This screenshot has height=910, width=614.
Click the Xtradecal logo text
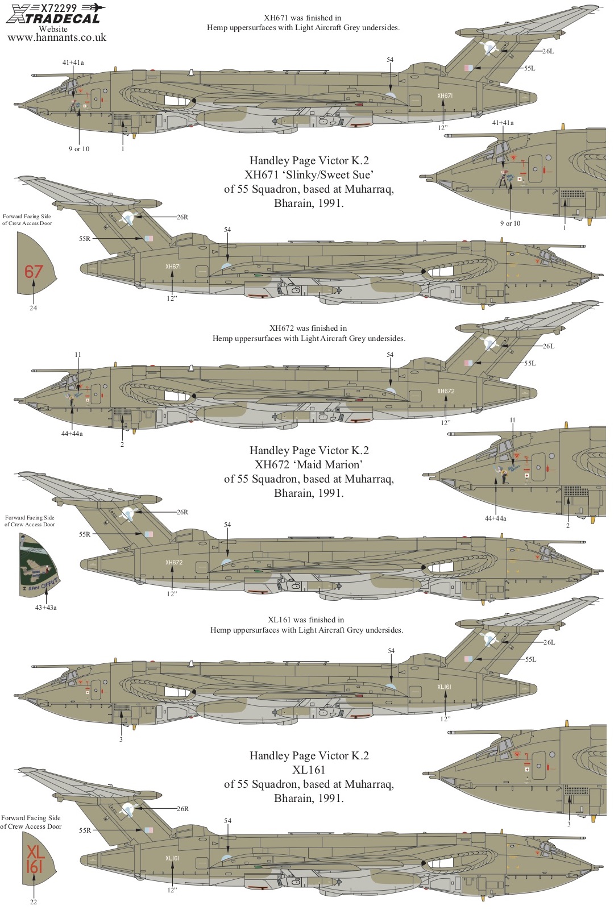click(53, 18)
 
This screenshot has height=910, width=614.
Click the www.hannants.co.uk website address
click(57, 38)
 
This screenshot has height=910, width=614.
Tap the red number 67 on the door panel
click(34, 272)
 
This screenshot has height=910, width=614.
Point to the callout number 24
click(33, 308)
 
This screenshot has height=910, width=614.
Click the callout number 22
click(34, 902)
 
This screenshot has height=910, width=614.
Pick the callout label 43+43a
click(46, 608)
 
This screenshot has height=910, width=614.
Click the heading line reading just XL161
click(309, 770)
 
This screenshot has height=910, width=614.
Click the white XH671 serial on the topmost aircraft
click(445, 96)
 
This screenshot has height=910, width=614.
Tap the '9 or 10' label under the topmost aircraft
click(79, 149)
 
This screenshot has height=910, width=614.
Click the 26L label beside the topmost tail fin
click(547, 51)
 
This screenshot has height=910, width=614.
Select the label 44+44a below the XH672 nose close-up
click(495, 518)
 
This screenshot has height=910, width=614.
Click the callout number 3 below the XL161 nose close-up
click(569, 824)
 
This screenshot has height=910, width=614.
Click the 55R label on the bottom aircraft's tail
click(85, 830)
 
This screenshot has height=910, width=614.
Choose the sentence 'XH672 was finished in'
click(308, 329)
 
